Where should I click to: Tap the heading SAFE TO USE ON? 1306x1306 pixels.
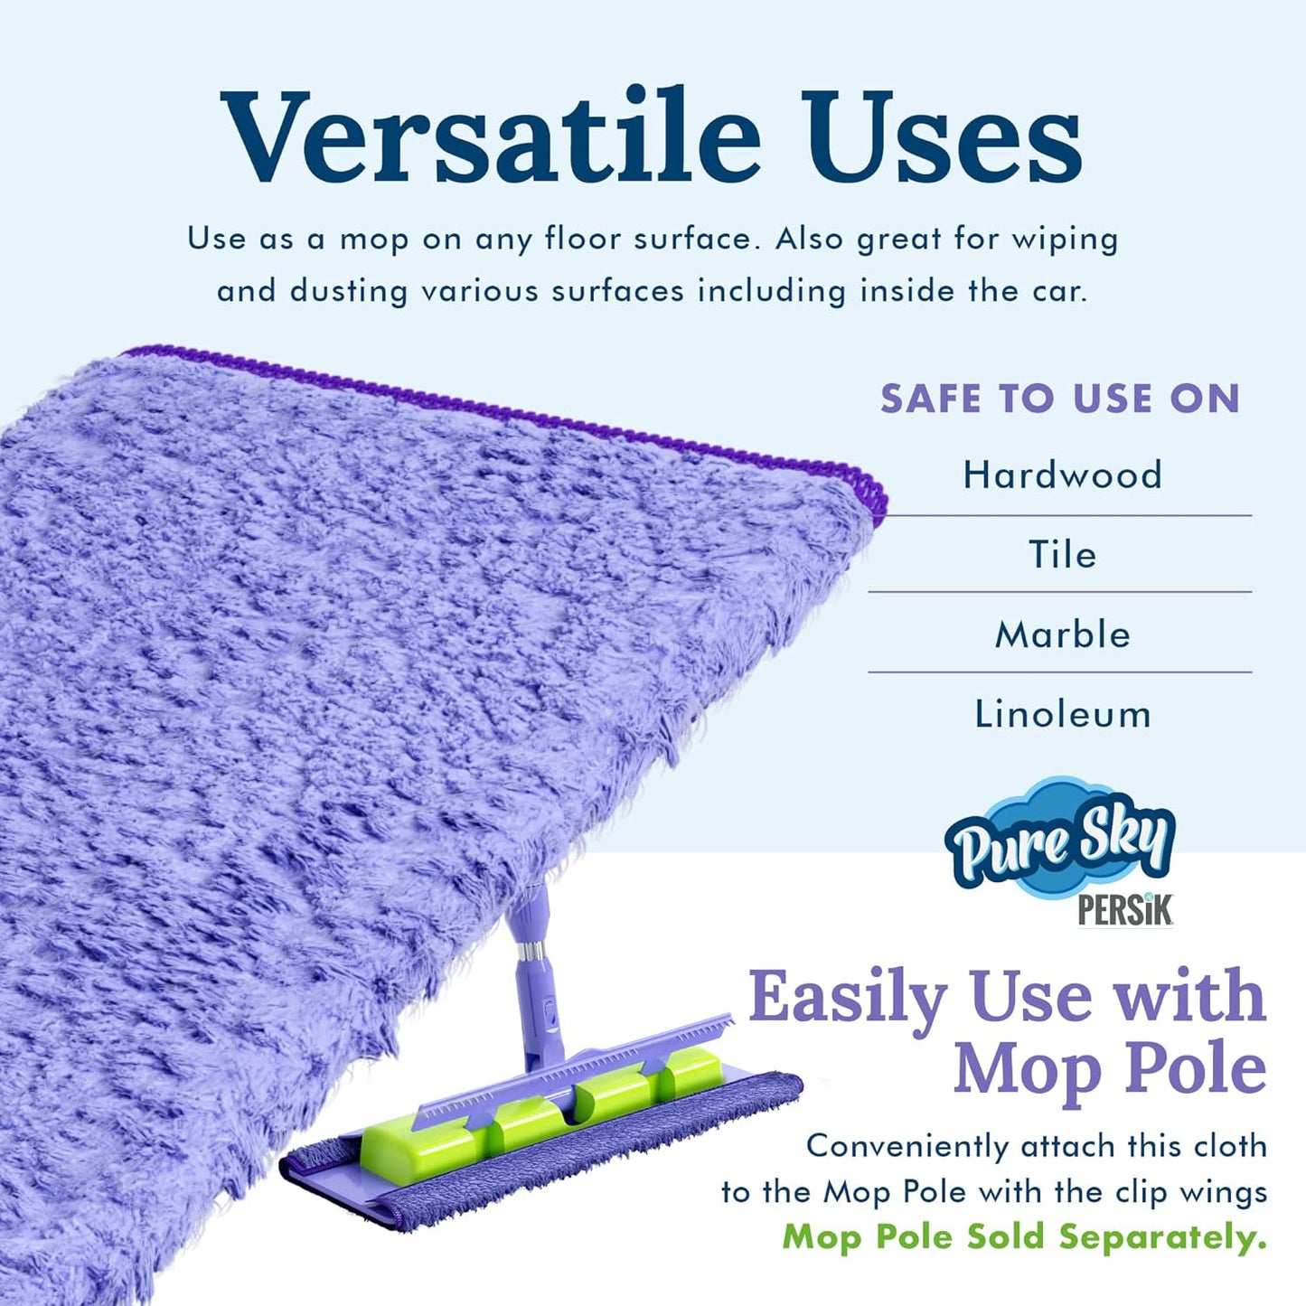point(1059,399)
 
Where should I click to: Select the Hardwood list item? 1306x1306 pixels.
point(1062,474)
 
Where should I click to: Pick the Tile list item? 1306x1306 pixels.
point(1062,554)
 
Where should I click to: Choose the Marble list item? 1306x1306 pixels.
point(1062,634)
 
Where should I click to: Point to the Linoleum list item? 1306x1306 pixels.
point(1062,714)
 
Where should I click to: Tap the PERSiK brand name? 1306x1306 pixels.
point(1124,910)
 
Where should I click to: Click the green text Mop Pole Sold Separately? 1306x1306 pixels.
point(1024,1236)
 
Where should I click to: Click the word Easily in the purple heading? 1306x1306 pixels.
point(847,997)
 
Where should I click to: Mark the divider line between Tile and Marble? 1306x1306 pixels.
point(1059,592)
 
